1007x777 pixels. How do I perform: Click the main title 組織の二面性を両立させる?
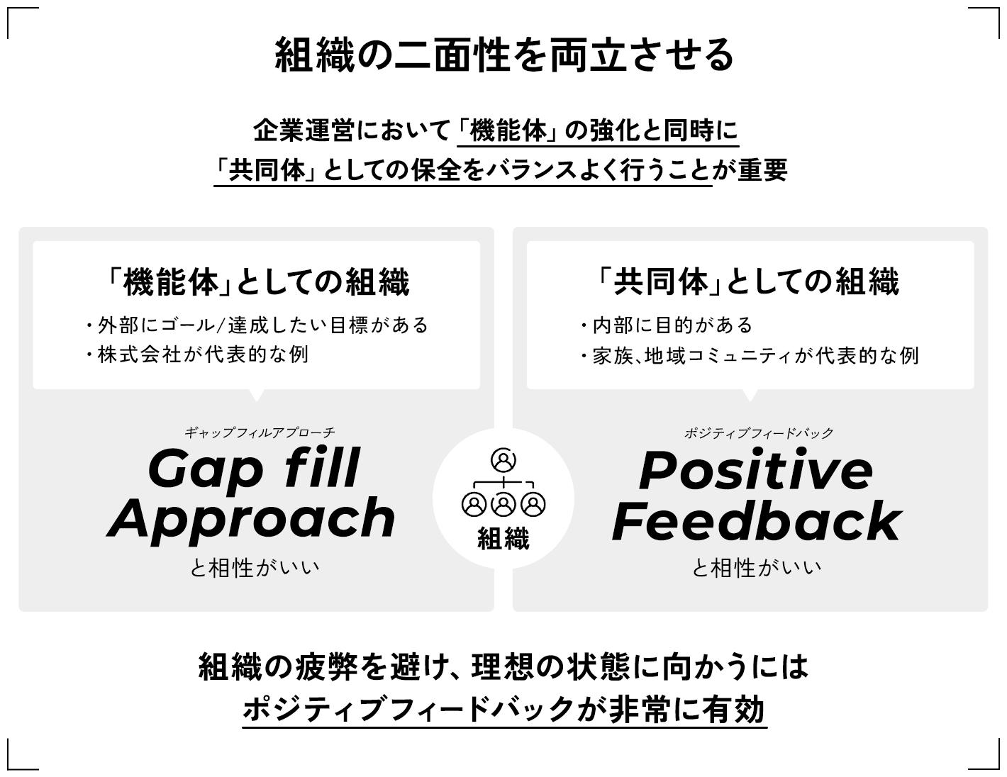504,55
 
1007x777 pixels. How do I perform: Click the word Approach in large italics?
252,519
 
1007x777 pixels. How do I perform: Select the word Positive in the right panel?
756,470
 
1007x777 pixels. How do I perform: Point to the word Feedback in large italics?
756,521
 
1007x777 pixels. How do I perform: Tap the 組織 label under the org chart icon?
504,540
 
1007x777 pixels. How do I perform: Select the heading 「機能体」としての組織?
256,282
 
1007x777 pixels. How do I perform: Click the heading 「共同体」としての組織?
749,282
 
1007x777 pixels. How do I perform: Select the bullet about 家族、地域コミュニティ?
750,355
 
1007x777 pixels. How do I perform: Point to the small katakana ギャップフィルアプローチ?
260,432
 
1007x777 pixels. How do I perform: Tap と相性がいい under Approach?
255,567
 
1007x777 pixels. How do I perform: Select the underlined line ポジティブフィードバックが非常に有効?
504,708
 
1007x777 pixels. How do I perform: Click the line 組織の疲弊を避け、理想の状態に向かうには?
504,666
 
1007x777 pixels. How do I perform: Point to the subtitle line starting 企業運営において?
496,130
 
